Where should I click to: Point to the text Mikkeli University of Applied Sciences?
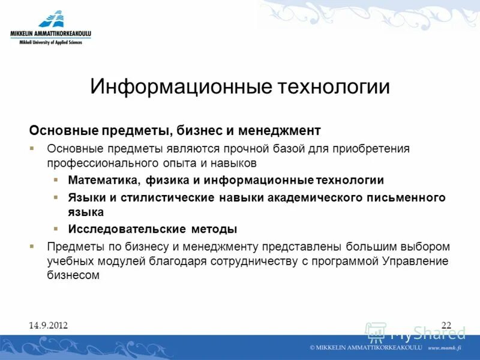tap(50, 43)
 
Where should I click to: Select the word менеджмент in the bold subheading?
tap(280, 130)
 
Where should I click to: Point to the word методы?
tap(214, 229)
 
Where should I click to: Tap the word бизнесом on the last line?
tap(73, 275)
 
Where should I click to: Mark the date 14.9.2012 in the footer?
tap(48, 325)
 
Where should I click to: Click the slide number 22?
tap(446, 325)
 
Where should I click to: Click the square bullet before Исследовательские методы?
tap(56, 229)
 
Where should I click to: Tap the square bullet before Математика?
tap(56, 180)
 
